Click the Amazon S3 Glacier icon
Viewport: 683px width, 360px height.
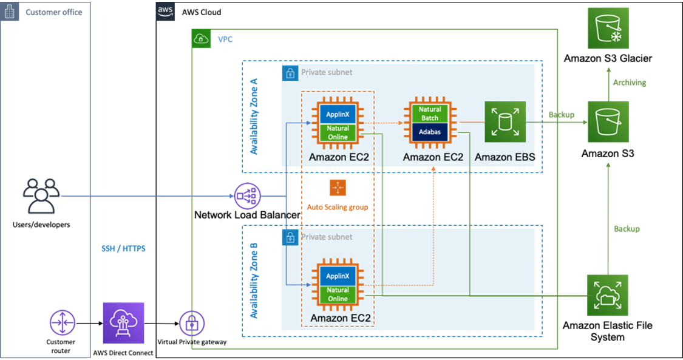[x=608, y=28]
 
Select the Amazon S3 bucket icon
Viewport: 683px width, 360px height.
[x=608, y=122]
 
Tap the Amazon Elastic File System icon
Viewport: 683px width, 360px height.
[x=608, y=295]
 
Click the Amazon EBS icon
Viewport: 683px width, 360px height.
[x=505, y=122]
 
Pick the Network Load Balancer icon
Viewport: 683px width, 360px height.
[x=247, y=196]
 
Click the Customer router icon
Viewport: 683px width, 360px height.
[x=61, y=322]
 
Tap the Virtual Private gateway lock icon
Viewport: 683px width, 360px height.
[x=192, y=323]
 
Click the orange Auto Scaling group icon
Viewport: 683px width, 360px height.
[x=338, y=188]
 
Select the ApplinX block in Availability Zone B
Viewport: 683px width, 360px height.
[x=338, y=276]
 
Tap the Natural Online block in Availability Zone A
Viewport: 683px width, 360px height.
[x=338, y=132]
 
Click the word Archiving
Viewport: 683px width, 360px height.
[x=630, y=83]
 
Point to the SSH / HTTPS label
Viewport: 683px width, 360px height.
[x=123, y=248]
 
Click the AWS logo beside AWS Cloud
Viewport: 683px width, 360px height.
[x=165, y=12]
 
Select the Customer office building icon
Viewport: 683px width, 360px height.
[x=10, y=12]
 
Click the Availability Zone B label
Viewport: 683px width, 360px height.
[x=254, y=280]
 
